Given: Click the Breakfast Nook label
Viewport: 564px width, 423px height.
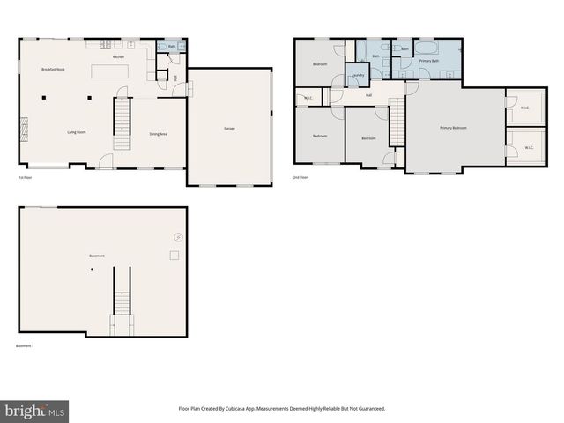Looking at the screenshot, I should (54, 69).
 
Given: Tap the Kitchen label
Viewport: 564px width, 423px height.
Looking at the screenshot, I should (118, 56).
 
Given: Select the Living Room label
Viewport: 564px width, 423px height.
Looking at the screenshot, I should (77, 132).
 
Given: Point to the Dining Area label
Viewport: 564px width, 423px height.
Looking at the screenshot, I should (159, 133).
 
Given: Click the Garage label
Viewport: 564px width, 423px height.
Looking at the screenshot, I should (229, 129).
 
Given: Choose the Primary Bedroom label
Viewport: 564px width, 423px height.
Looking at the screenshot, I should (454, 128).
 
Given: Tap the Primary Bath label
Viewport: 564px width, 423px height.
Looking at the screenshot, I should (429, 61).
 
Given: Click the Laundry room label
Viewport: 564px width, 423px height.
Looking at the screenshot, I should (358, 75).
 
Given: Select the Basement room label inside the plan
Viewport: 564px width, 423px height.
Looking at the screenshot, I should (97, 256).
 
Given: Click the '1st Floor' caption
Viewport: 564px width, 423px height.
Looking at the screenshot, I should (26, 178).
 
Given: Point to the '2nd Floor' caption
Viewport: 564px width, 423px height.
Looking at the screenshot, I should (301, 178).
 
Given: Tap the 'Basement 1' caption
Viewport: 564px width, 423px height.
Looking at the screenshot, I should (25, 346).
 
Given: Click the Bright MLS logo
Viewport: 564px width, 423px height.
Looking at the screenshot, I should (35, 411).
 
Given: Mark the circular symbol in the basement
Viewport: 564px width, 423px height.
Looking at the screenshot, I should (179, 236).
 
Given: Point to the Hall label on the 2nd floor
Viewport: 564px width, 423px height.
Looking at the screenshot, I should (368, 95).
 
